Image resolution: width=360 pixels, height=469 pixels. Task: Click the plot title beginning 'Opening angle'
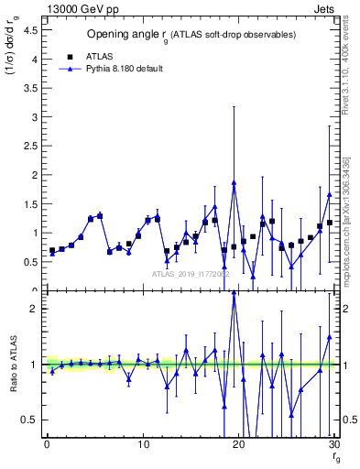point(191,35)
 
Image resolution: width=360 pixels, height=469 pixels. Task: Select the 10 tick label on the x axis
point(143,445)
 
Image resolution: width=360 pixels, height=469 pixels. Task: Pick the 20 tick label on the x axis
point(239,445)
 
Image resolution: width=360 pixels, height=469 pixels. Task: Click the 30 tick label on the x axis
point(334,445)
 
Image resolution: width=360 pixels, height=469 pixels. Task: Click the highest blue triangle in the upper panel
point(235,182)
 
